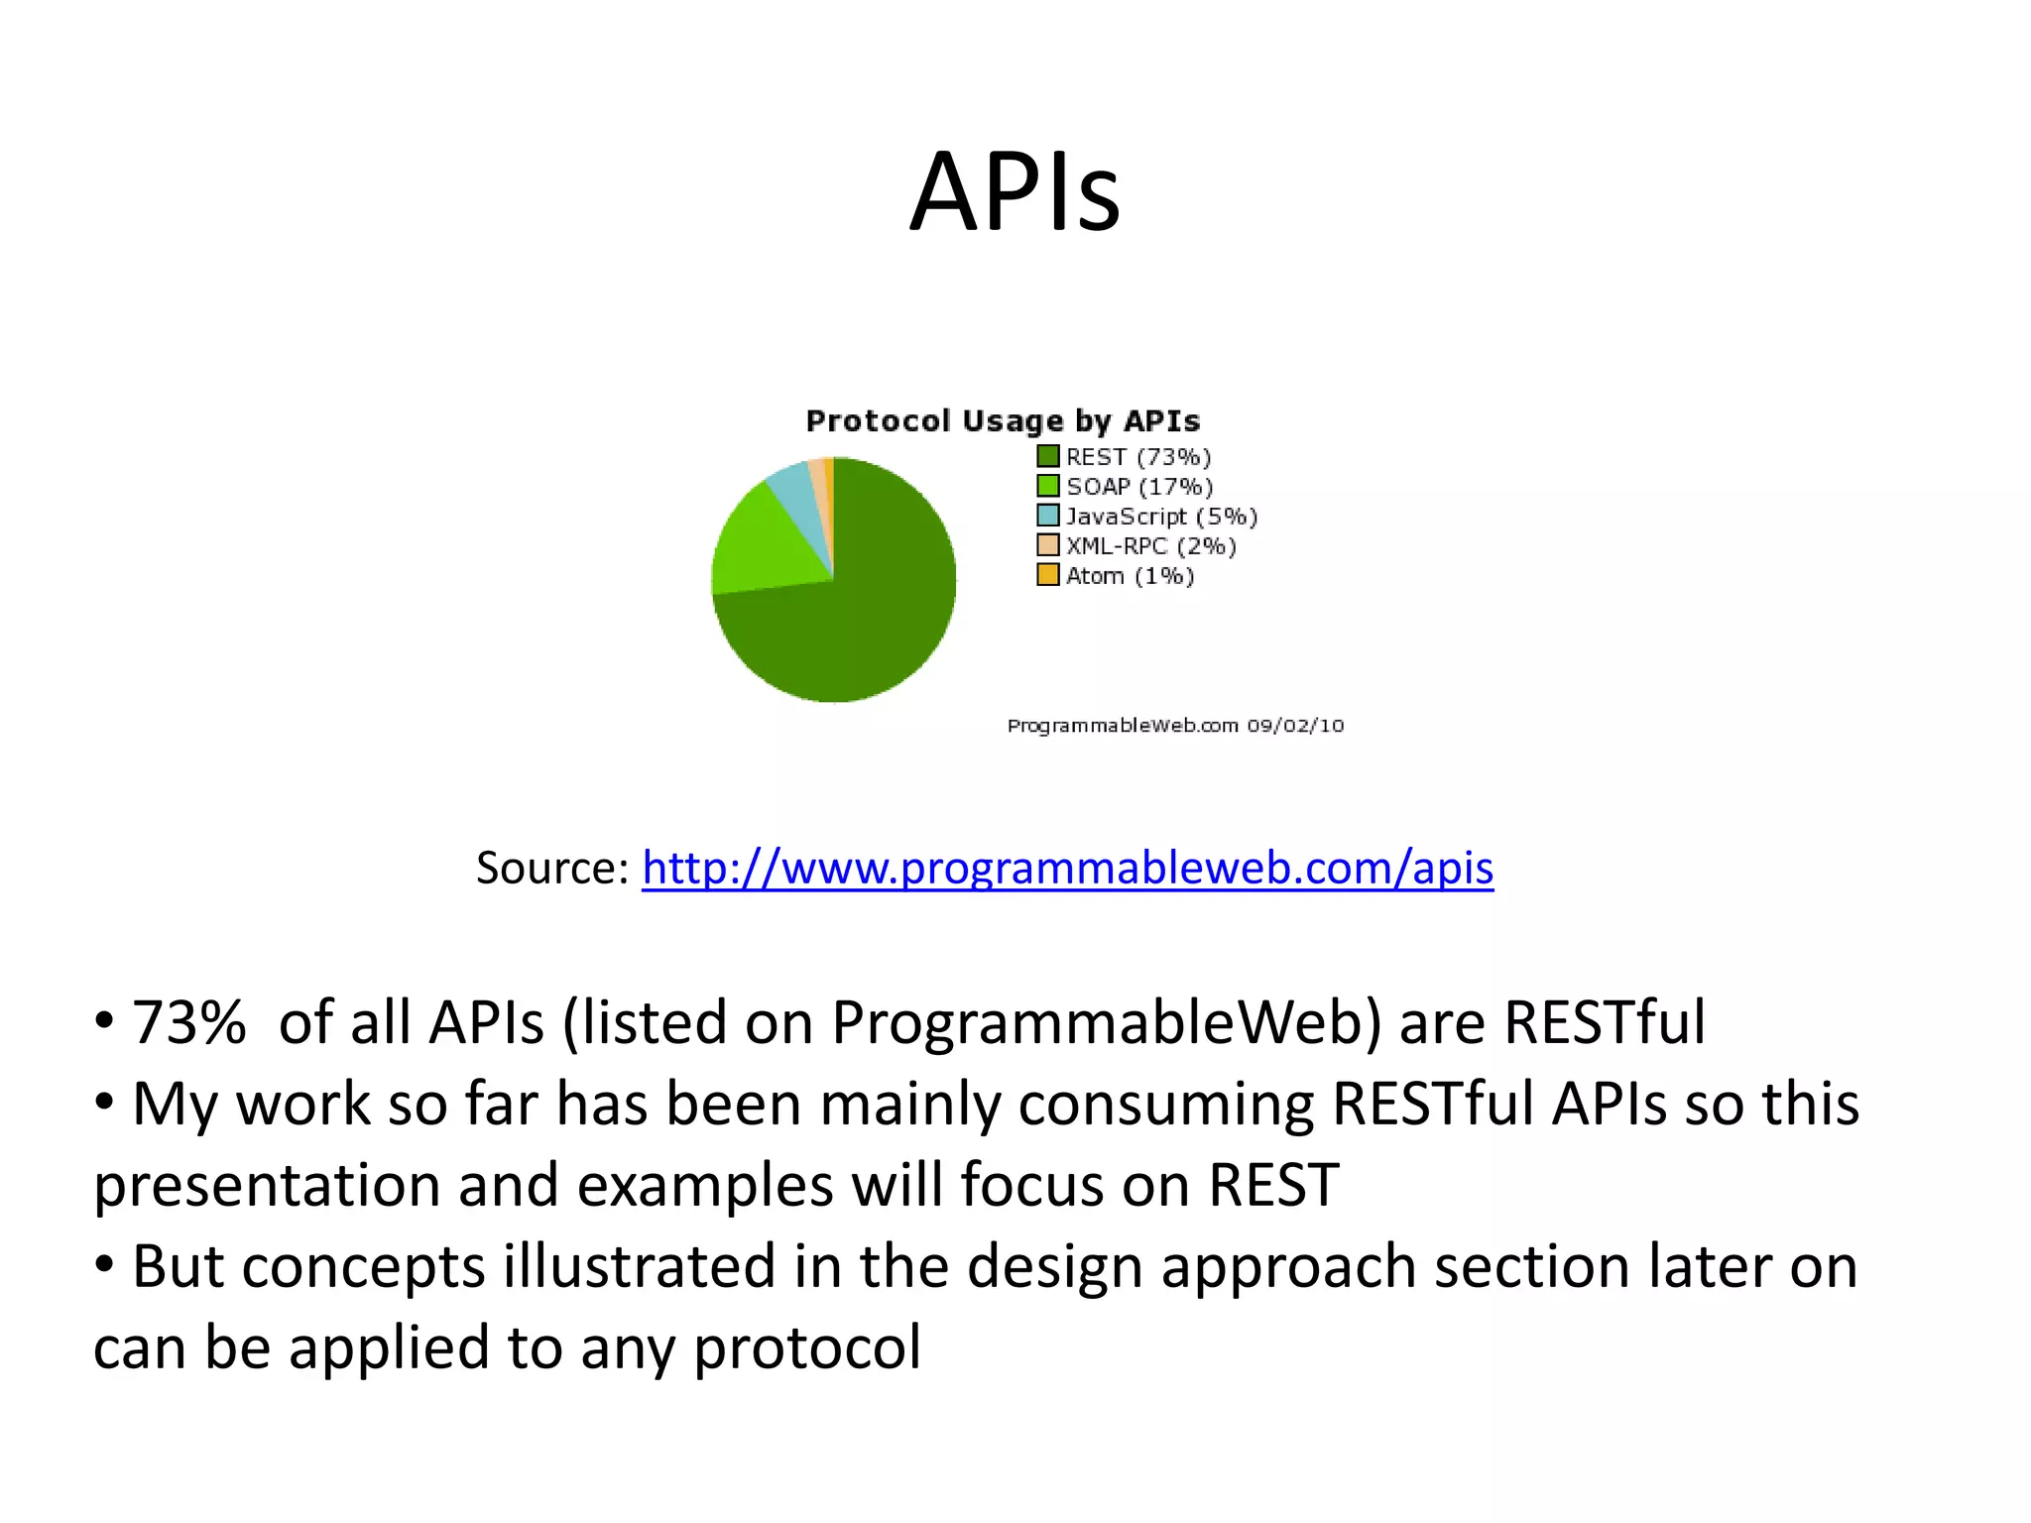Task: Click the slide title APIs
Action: click(1015, 191)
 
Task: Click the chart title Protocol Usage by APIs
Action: click(1003, 421)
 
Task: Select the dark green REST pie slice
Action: click(863, 615)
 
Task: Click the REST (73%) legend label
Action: click(1138, 457)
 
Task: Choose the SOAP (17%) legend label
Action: click(1139, 487)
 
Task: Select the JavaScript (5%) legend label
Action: click(1161, 517)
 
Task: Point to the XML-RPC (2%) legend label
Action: click(1150, 546)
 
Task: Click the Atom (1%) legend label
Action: click(1130, 576)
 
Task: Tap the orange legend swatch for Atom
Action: click(1047, 575)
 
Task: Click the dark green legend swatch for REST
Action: click(1047, 456)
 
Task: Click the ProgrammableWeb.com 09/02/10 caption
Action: click(1175, 726)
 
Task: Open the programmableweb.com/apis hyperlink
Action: click(1067, 868)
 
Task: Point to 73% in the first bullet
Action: click(188, 1022)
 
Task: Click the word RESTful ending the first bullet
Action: click(1604, 1022)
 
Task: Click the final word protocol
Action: click(806, 1347)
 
